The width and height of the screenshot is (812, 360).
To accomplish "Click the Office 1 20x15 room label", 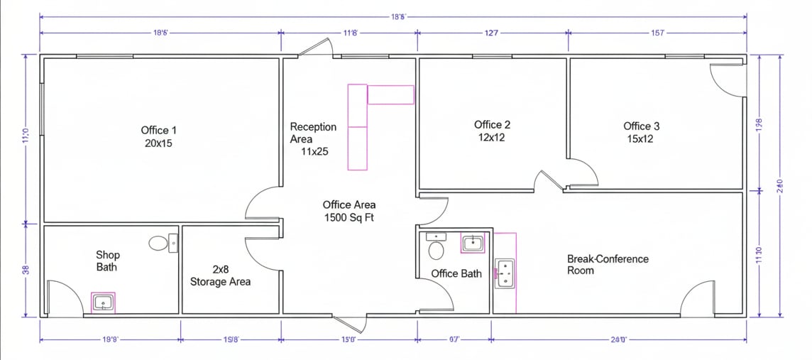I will coord(158,136).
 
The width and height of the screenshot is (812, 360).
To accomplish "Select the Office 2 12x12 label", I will coord(492,131).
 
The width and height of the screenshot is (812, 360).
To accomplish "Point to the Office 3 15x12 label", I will coord(641,133).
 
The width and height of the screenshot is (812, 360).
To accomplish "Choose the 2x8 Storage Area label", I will coord(220,276).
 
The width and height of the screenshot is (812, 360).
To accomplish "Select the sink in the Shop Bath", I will coord(104,303).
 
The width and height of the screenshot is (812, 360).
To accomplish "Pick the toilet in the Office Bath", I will coord(436,249).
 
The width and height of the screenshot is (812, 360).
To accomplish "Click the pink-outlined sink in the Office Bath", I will coord(473,244).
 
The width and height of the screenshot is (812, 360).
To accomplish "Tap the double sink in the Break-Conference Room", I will coord(505,273).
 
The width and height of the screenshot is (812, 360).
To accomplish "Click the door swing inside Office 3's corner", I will coord(728,80).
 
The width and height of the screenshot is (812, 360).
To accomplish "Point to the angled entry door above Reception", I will coord(314,47).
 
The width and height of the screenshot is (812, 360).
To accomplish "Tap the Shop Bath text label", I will coord(107,261).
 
